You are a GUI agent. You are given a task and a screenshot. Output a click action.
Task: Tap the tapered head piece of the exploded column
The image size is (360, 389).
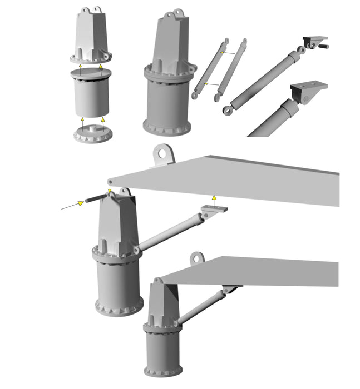point(91,36)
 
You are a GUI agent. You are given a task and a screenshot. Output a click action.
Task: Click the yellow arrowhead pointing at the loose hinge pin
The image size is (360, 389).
point(81,203)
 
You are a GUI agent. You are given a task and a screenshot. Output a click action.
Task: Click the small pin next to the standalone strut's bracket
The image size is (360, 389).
point(323,46)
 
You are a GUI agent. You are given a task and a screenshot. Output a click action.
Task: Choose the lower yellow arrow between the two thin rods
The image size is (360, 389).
point(206,83)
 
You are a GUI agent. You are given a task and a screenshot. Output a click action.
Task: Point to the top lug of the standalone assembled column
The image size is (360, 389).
point(179,13)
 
